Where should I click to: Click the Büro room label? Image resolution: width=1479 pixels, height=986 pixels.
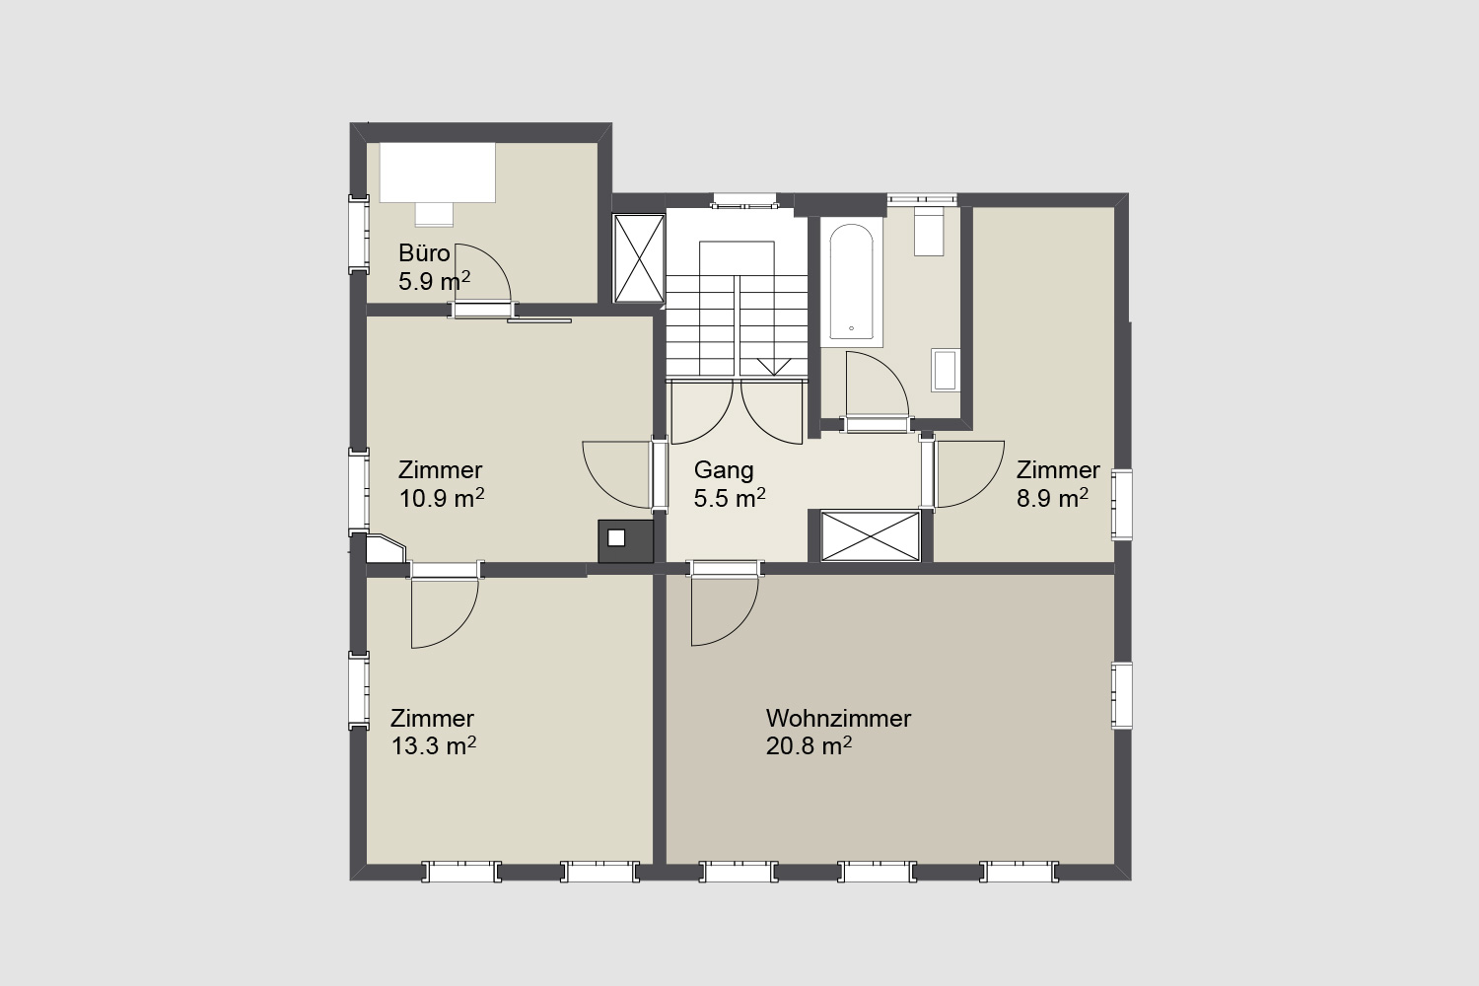click(424, 253)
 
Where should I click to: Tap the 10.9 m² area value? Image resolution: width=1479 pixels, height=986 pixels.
click(441, 498)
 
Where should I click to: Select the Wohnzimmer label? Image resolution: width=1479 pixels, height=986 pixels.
click(838, 718)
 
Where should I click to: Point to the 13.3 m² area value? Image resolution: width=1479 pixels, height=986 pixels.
click(434, 745)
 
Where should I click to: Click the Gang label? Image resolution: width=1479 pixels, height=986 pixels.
click(724, 470)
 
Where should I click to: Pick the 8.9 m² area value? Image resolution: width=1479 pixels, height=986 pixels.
click(1052, 498)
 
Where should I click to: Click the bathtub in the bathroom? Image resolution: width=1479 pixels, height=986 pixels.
click(851, 282)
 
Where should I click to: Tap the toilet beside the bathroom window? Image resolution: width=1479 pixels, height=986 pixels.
click(929, 231)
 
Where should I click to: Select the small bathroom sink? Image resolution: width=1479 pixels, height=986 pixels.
click(946, 370)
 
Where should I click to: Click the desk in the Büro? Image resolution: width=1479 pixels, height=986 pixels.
click(437, 173)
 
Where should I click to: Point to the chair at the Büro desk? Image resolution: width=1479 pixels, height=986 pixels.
click(434, 215)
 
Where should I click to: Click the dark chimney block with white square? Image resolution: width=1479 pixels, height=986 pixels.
click(626, 541)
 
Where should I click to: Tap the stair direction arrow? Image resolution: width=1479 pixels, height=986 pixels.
click(773, 367)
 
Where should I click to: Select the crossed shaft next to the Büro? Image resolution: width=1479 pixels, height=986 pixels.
click(639, 258)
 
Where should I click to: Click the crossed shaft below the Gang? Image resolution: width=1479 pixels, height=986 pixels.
click(871, 535)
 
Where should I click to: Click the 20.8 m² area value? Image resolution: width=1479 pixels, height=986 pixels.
click(809, 745)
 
